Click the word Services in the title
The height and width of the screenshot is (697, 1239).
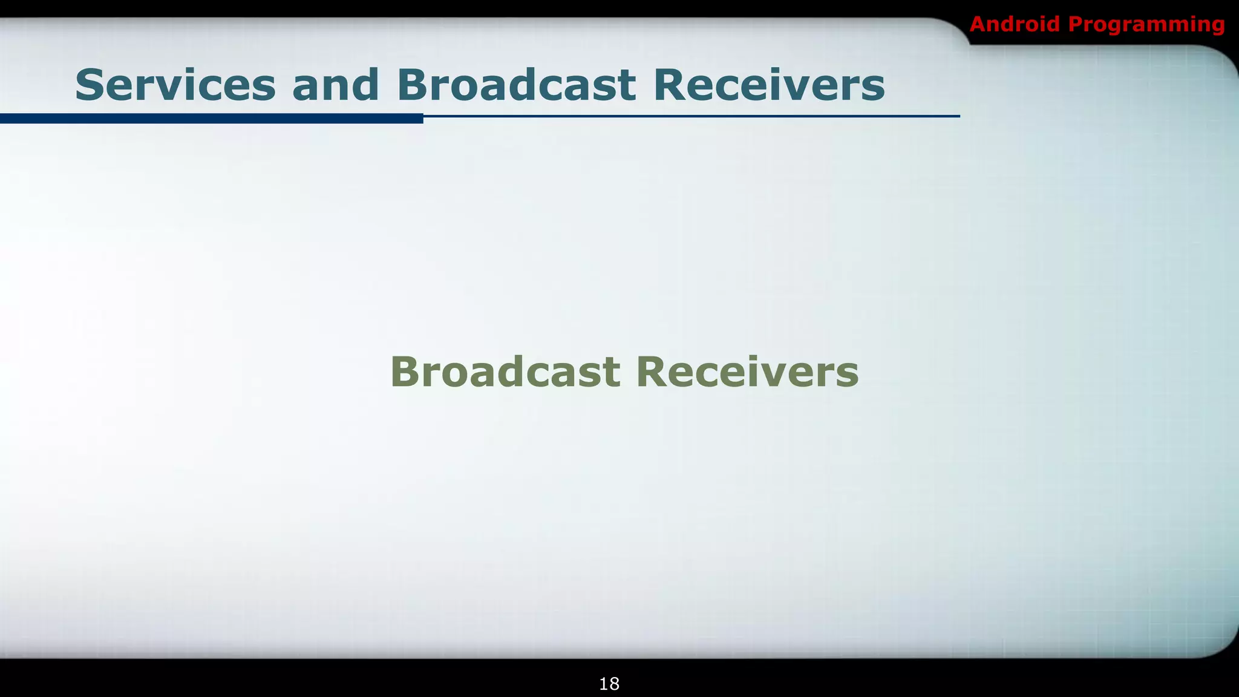pyautogui.click(x=175, y=85)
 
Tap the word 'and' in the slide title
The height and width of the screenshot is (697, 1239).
pyautogui.click(x=336, y=85)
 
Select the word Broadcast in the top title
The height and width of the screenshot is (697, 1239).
pyautogui.click(x=516, y=85)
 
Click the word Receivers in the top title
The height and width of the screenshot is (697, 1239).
pyautogui.click(x=769, y=85)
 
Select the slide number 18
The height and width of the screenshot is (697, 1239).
pyautogui.click(x=609, y=684)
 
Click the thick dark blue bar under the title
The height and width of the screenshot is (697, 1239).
pyautogui.click(x=212, y=118)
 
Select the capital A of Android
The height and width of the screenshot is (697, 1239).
pyautogui.click(x=978, y=24)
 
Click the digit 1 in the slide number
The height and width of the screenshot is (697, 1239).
pyautogui.click(x=604, y=684)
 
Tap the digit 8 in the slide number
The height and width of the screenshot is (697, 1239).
pyautogui.click(x=614, y=684)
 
